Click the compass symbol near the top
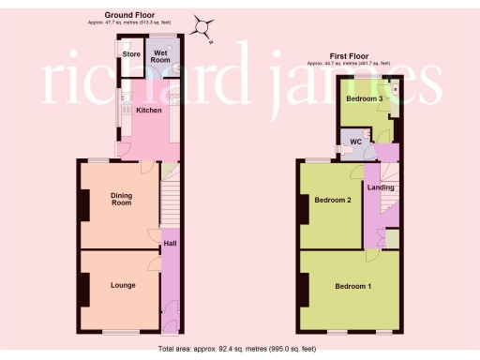click(x=203, y=27)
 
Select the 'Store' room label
click(x=130, y=54)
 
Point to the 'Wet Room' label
click(x=161, y=55)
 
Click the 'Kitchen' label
click(x=148, y=110)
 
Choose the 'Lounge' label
click(x=122, y=285)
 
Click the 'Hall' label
click(x=170, y=244)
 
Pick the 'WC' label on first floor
click(x=356, y=142)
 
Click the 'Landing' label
click(x=381, y=187)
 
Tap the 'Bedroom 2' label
click(x=333, y=200)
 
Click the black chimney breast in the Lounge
click(x=84, y=289)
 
